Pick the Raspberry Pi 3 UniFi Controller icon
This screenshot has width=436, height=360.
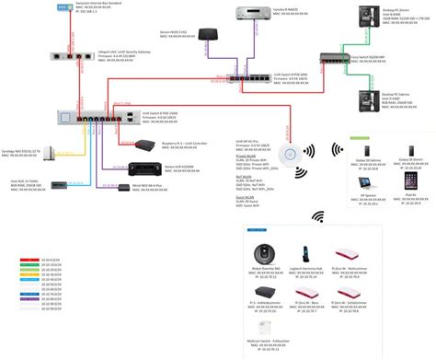pyautogui.click(x=143, y=145)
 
